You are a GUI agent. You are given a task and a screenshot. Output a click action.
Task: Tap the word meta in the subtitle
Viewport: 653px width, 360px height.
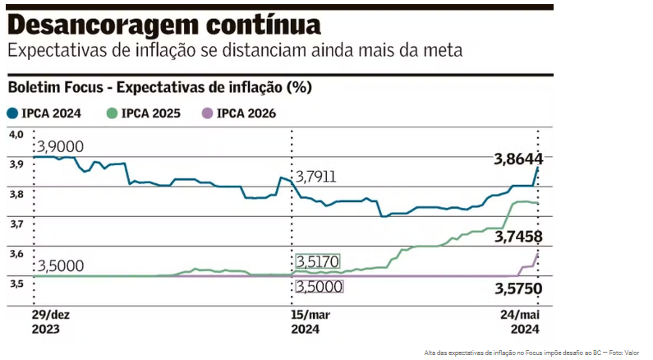[x=444, y=50]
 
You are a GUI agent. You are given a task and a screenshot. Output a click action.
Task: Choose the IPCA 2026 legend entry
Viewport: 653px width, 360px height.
[x=245, y=114]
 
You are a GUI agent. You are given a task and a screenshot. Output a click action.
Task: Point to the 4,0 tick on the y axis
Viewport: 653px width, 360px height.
[x=16, y=134]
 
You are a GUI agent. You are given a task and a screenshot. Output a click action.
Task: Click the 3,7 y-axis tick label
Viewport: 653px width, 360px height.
[x=16, y=224]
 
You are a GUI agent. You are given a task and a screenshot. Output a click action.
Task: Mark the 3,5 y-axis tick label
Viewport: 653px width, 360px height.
[x=16, y=284]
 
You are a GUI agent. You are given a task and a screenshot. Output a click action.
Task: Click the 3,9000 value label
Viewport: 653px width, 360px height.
[x=59, y=146]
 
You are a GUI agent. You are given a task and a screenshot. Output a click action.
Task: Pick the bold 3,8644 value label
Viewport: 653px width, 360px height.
[x=517, y=159]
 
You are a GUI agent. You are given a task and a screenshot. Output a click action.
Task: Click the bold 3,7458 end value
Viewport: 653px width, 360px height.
[x=518, y=238]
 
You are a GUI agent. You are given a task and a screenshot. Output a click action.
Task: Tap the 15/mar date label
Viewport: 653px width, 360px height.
[x=311, y=316]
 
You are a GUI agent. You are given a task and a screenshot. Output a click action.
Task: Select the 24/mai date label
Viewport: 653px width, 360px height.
[x=522, y=316]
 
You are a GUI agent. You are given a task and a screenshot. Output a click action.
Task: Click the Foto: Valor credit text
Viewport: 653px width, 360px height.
[x=625, y=353]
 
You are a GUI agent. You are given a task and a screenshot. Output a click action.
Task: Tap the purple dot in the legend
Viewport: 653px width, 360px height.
[x=208, y=114]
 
